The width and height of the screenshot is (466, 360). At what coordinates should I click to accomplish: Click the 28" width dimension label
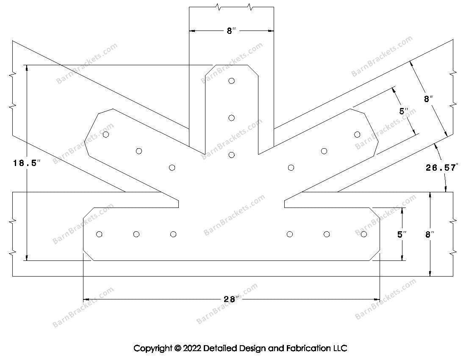point(231,299)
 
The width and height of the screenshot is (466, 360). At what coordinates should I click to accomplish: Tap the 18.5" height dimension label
point(27,163)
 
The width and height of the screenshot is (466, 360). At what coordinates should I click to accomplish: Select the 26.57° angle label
point(441,168)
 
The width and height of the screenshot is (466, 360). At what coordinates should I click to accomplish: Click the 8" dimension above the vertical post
point(231,30)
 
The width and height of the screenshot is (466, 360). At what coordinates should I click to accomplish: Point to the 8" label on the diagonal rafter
point(428,99)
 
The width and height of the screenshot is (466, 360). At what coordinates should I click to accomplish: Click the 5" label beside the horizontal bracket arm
point(402,234)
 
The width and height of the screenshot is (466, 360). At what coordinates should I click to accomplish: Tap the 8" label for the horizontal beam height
point(430,234)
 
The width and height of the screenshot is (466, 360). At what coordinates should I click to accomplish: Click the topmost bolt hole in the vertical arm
point(231,81)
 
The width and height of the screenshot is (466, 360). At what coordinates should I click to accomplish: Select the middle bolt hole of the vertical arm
point(231,118)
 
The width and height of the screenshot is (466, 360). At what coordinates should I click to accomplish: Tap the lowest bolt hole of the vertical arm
point(231,155)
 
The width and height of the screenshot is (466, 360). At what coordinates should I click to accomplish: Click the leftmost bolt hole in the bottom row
point(99,234)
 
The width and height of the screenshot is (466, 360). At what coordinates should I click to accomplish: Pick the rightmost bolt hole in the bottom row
point(364,234)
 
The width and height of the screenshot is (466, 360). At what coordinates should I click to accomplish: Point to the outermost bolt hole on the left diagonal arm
point(106,135)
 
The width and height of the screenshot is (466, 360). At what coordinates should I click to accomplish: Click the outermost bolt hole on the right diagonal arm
point(357,135)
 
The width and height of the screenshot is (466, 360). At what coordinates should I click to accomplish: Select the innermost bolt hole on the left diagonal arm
point(172,168)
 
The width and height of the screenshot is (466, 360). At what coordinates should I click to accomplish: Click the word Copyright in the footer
point(153,348)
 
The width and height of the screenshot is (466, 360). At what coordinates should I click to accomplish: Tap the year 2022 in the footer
point(192,348)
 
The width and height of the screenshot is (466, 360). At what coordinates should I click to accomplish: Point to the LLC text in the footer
point(340,348)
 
